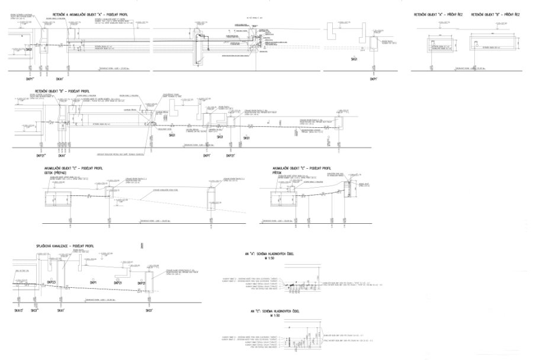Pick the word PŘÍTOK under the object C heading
[x=276, y=174]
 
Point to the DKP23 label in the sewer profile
[x=51, y=282]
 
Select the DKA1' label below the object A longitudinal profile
[x=60, y=78]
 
